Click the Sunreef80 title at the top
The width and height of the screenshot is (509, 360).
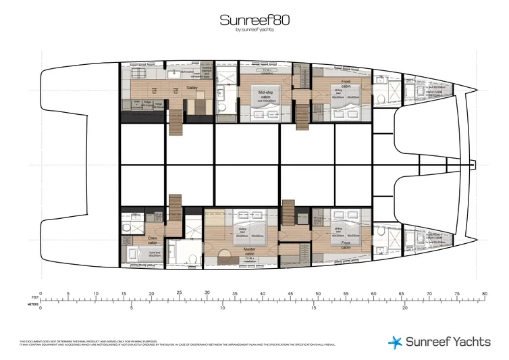point(254,20)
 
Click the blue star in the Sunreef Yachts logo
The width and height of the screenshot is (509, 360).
point(396,342)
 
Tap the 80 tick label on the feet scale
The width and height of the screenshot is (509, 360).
point(484,294)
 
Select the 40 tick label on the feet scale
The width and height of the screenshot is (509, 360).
point(262,294)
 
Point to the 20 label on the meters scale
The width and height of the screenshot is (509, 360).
point(404,307)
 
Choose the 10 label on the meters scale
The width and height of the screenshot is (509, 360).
point(222,307)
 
